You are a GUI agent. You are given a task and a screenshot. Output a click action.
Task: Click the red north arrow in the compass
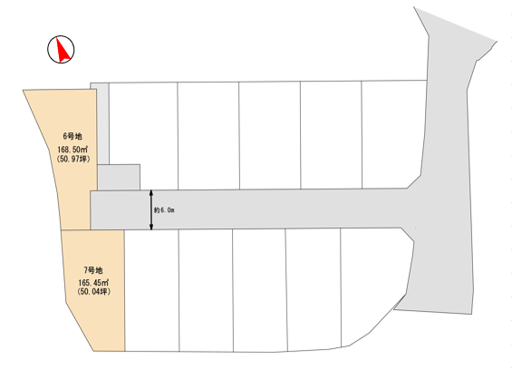tap(63, 51)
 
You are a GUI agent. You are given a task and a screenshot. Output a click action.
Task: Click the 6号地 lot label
tap(72, 136)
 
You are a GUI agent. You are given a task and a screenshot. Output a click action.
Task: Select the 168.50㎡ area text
tap(72, 150)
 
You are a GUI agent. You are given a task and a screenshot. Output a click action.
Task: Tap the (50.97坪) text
tap(73, 159)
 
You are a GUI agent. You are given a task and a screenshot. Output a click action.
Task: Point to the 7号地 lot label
tap(93, 270)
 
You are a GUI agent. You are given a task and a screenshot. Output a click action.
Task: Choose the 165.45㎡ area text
tap(93, 283)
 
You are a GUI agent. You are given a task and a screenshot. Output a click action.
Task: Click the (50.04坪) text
tap(93, 291)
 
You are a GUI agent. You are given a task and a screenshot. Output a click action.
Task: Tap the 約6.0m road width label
tap(164, 210)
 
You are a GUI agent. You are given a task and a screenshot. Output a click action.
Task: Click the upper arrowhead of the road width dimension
tap(151, 192)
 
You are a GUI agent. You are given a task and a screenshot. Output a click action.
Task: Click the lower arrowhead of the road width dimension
tap(151, 227)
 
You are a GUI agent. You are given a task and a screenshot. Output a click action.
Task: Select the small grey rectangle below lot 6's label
tap(119, 177)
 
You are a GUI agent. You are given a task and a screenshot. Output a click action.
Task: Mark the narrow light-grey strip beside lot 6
tap(103, 123)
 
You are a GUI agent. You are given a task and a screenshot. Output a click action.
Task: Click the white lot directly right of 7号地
tap(152, 290)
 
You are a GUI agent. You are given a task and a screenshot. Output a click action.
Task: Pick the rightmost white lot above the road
tap(393, 134)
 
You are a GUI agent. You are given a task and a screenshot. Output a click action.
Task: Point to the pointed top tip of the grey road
tap(414, 7)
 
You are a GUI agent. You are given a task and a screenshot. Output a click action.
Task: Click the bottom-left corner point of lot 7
tap(93, 352)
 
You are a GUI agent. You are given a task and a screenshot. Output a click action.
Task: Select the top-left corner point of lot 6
tap(23, 90)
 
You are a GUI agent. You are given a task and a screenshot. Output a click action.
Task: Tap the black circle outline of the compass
tap(48, 49)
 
